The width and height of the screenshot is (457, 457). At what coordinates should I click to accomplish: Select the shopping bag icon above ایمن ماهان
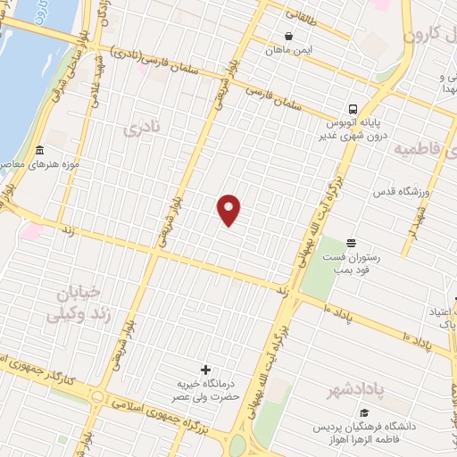click(x=288, y=37)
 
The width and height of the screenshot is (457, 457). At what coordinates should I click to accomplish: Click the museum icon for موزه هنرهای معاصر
click(x=38, y=151)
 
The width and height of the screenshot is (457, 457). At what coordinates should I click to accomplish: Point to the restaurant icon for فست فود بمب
click(x=351, y=243)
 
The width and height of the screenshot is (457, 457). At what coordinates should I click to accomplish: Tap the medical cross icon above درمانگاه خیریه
click(x=205, y=370)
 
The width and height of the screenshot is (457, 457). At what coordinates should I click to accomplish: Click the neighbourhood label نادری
click(x=145, y=130)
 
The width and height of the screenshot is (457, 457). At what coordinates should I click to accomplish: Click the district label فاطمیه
click(x=426, y=148)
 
